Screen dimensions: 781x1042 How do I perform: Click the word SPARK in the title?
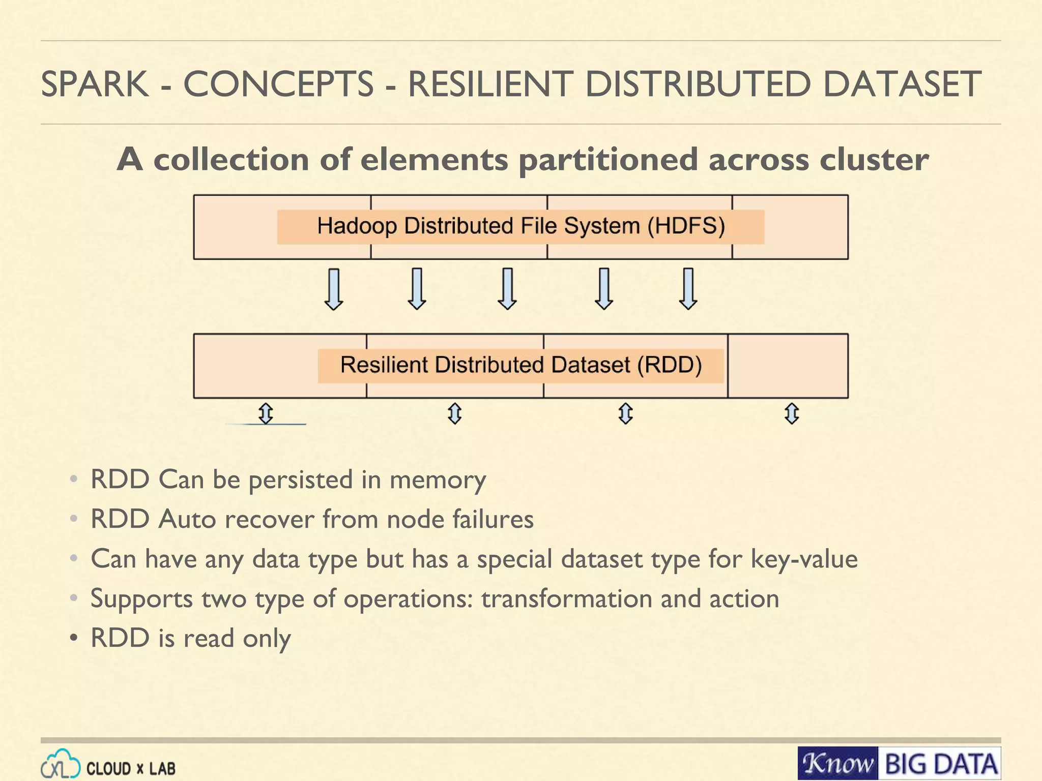pos(95,84)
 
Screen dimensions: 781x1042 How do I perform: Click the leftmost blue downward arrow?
pos(334,289)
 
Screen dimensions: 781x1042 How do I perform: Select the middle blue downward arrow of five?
pos(507,289)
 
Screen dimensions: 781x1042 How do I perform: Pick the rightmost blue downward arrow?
pos(688,289)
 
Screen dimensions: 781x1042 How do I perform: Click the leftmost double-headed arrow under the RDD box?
pos(266,413)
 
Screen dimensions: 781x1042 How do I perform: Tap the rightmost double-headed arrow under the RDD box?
pos(792,413)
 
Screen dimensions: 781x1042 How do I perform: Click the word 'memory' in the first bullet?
pos(438,480)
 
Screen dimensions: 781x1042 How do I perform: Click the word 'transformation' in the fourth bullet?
pos(566,599)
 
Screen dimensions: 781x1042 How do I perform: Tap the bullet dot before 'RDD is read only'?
pos(74,638)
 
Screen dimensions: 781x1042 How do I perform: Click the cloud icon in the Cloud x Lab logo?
pos(61,765)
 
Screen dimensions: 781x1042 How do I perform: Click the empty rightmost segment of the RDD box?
pos(788,366)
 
